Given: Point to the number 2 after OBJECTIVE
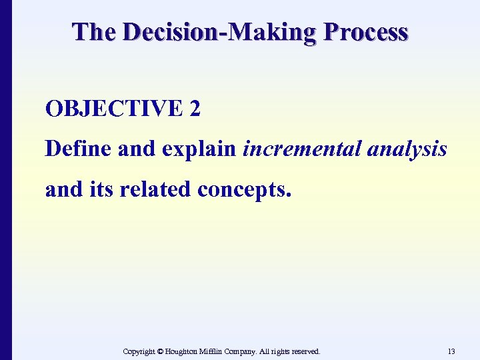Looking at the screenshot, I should (195, 109).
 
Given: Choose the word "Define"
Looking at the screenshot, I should (78, 149).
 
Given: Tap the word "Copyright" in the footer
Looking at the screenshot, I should (141, 351).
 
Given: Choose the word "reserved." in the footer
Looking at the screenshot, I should (303, 351).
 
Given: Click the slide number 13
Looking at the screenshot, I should (451, 351).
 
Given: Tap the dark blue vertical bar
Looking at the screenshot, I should (6, 180).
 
